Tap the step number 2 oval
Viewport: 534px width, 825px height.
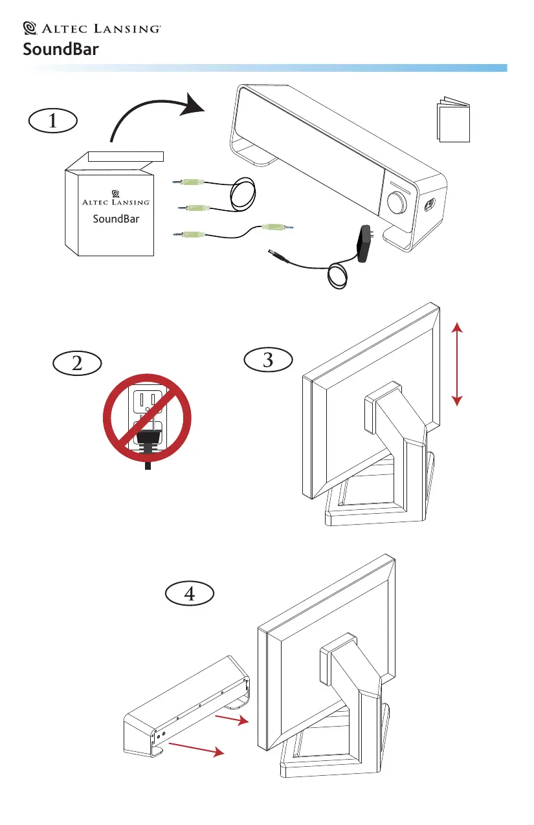[x=77, y=363]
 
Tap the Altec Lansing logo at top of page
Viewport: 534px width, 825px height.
[x=91, y=28]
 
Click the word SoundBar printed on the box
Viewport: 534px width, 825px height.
[x=116, y=219]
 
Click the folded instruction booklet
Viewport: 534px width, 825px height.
[x=453, y=120]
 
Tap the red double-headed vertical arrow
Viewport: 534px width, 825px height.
[x=458, y=365]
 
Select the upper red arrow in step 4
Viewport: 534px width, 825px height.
[x=231, y=720]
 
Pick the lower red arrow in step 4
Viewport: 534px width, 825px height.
[x=197, y=749]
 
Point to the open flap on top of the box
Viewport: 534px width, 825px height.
[x=126, y=155]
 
